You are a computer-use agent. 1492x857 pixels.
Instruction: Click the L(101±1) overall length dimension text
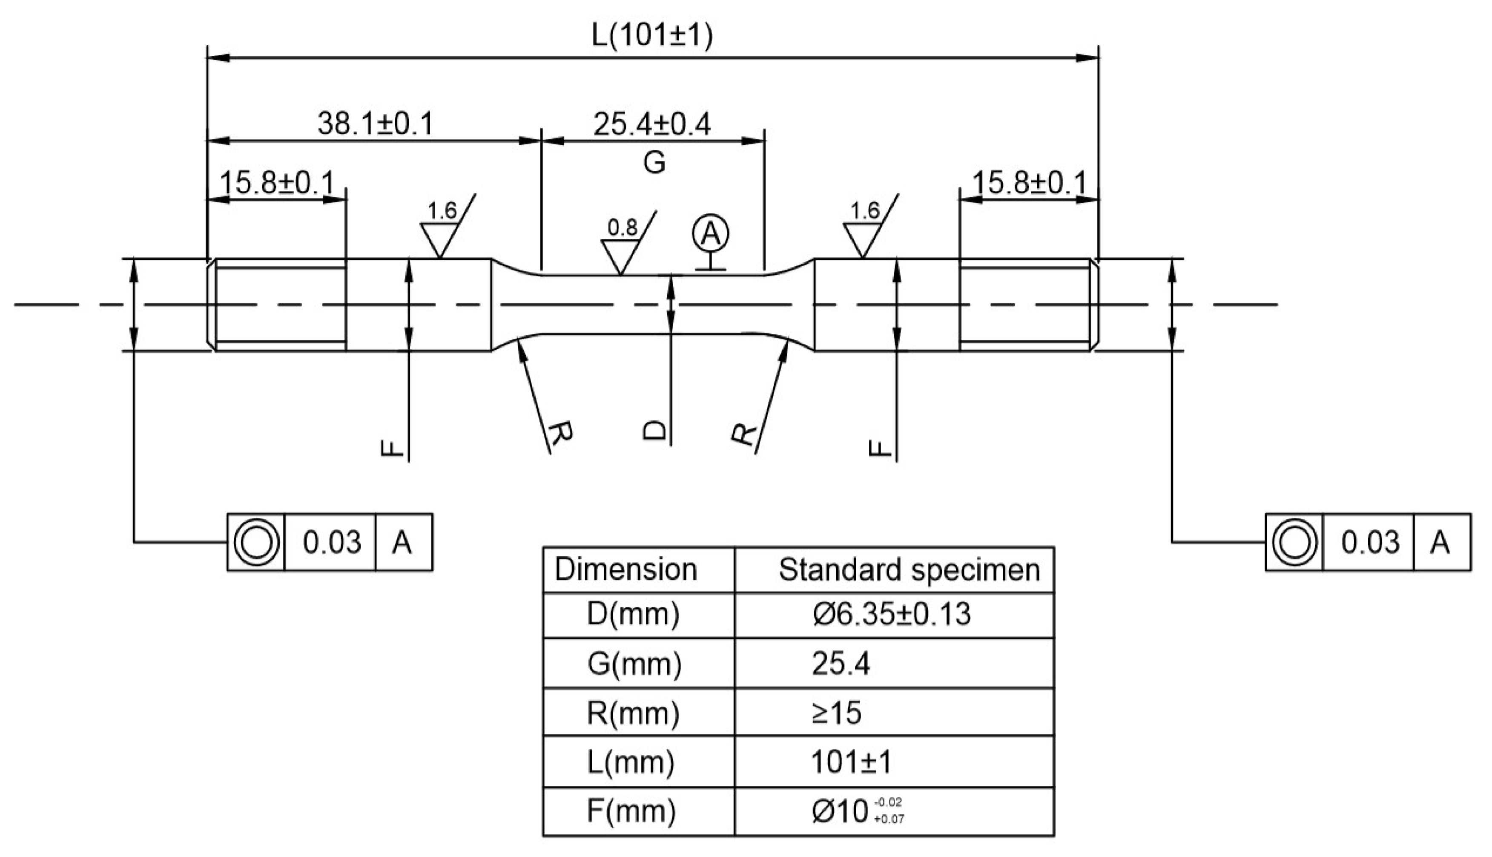652,37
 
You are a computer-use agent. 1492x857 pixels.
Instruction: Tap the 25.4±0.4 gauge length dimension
652,124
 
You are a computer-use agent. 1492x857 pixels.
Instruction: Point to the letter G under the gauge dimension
654,162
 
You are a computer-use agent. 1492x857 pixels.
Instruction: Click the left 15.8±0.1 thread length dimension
276,183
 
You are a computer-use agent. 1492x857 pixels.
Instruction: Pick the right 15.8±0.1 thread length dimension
1030,183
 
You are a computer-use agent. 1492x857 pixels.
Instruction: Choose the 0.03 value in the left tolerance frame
331,542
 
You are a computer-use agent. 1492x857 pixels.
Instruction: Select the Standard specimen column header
909,570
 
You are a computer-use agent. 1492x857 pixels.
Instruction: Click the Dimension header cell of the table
625,570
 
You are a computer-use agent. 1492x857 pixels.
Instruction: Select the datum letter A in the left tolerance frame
402,542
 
